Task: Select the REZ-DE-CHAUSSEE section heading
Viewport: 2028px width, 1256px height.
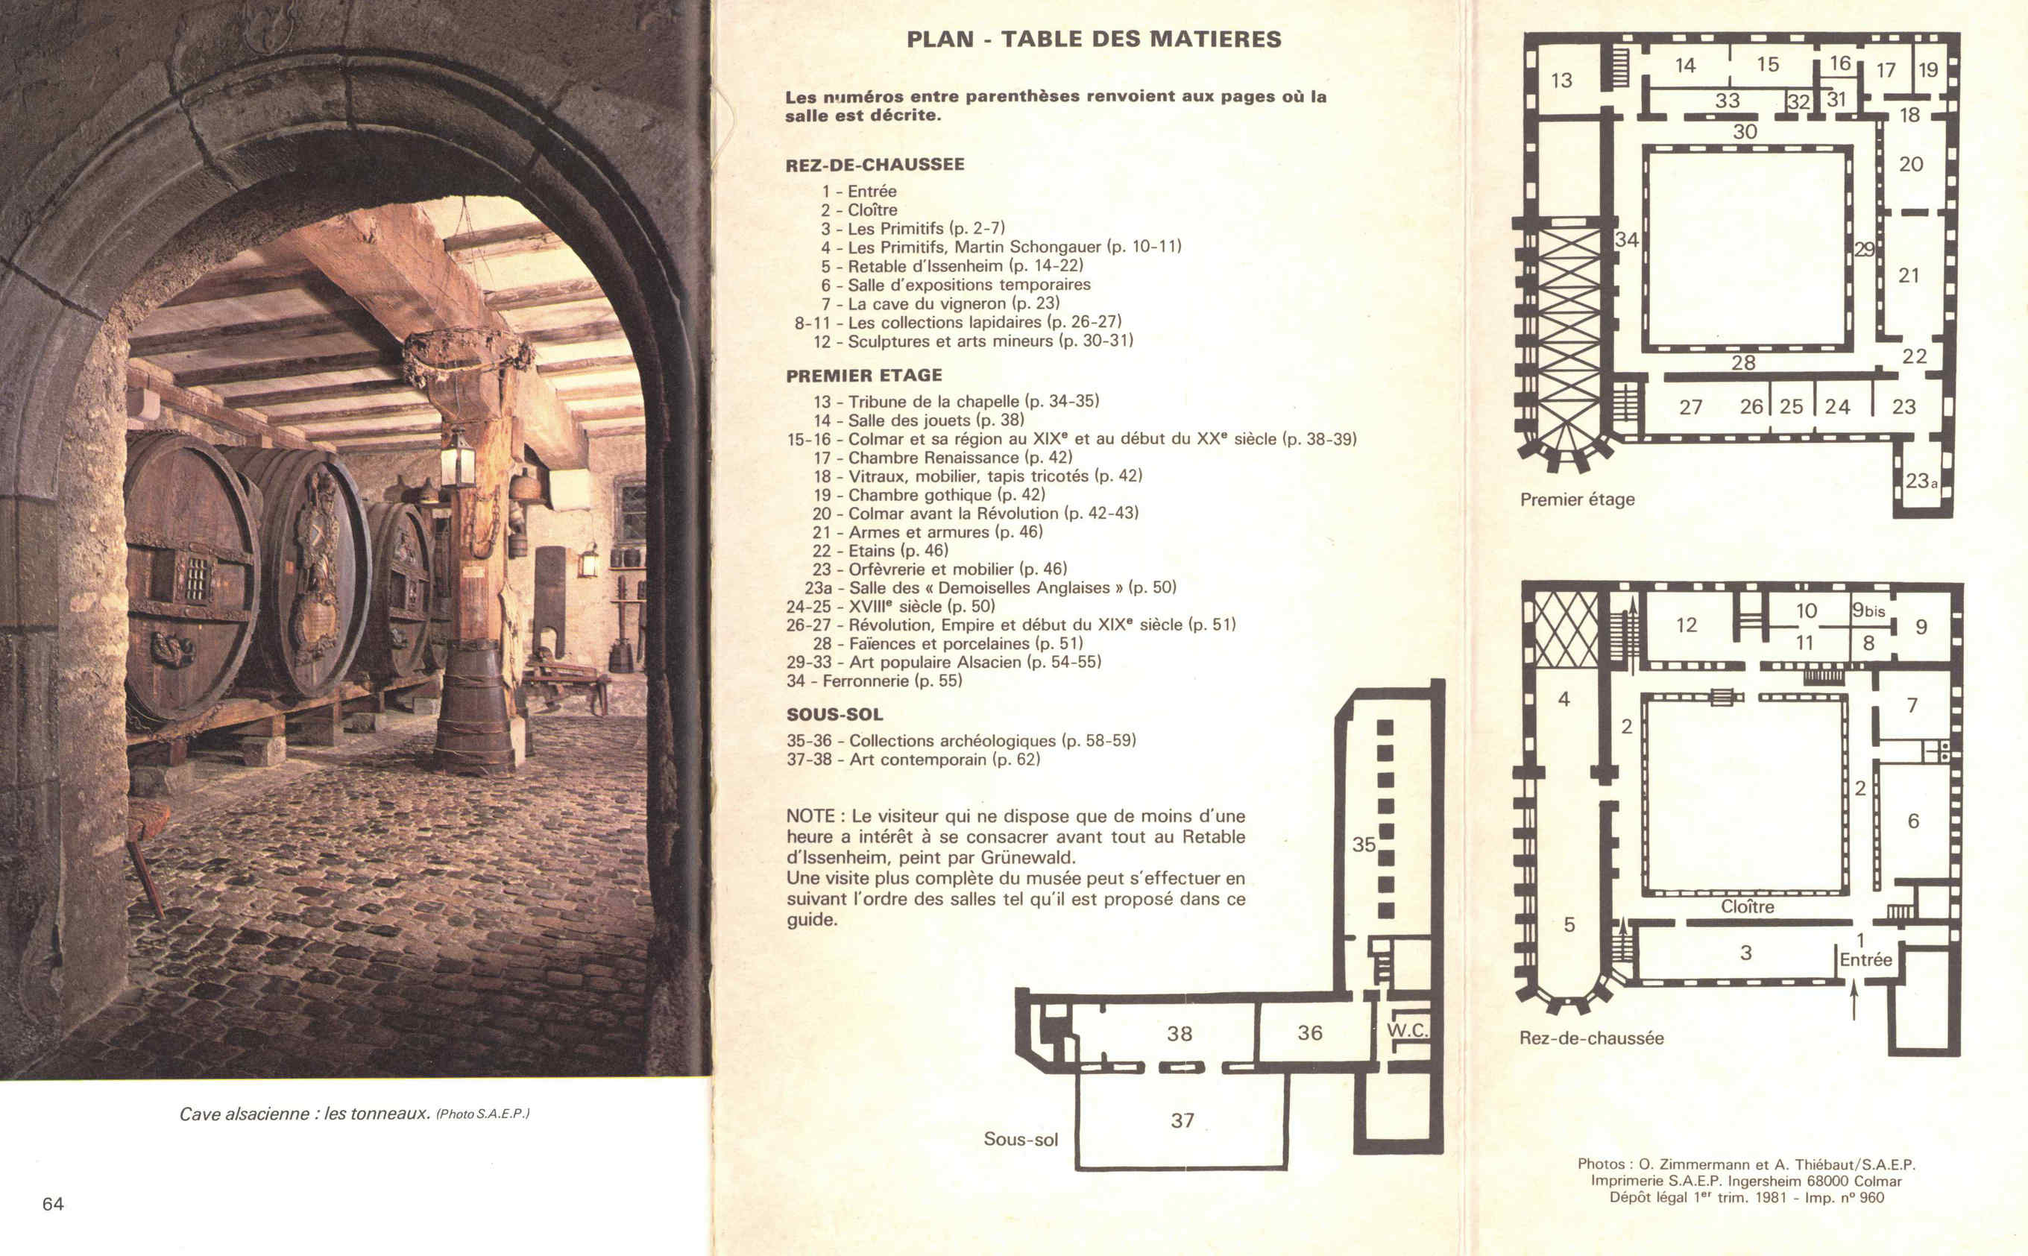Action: (875, 165)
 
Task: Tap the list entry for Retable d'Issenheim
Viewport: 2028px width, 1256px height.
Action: (952, 266)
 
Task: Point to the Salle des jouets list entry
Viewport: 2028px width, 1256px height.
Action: (918, 420)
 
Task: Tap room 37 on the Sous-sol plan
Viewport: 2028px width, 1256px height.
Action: (1183, 1120)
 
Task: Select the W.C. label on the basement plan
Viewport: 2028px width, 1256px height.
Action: (1408, 1031)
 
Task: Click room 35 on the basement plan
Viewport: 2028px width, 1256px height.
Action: (1364, 844)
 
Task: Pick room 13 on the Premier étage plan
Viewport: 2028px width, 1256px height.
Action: (1561, 80)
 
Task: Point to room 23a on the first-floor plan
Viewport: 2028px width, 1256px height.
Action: (1921, 481)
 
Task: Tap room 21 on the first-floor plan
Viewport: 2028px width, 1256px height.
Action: (1909, 275)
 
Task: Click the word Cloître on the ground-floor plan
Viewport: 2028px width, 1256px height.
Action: (1747, 906)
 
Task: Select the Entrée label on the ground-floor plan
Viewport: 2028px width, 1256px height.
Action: (1866, 959)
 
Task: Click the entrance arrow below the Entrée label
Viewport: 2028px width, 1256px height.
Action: (1854, 1000)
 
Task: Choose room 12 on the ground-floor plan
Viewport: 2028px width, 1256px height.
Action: (1687, 625)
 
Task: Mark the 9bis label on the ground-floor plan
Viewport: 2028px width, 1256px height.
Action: (1868, 610)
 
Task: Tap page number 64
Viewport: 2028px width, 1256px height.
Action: (53, 1204)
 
